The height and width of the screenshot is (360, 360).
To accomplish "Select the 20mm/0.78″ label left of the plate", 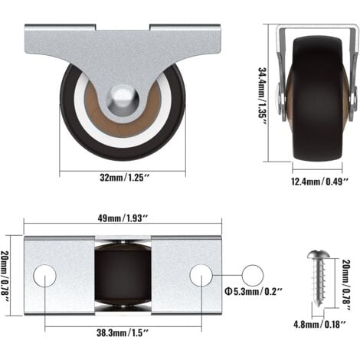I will [x=9, y=273].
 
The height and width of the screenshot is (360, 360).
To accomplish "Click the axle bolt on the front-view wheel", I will [x=123, y=98].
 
